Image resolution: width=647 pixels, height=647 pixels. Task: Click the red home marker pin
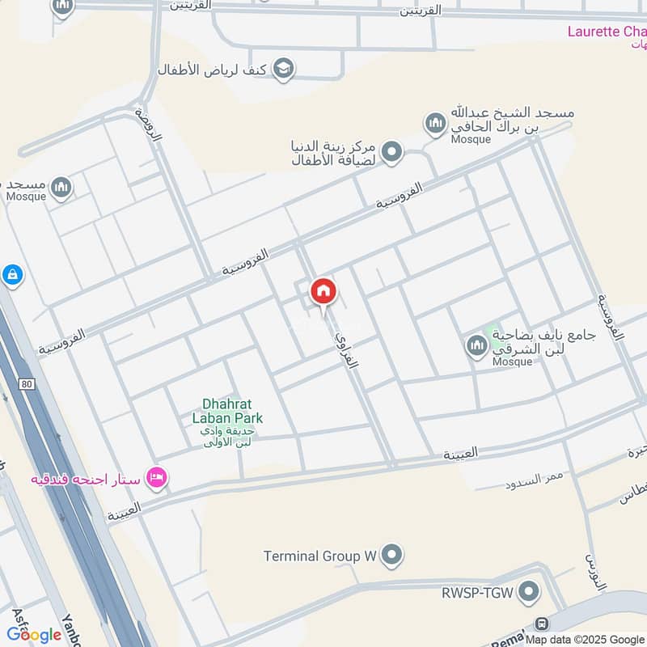pyautogui.click(x=323, y=292)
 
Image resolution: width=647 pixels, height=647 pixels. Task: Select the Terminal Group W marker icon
pyautogui.click(x=392, y=556)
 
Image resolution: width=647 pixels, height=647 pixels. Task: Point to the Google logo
pyautogui.click(x=34, y=635)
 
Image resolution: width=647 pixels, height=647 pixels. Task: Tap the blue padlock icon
pyautogui.click(x=12, y=276)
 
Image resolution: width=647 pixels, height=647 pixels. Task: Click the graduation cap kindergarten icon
pyautogui.click(x=283, y=67)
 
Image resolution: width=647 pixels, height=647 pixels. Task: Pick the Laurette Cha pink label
pyautogui.click(x=606, y=32)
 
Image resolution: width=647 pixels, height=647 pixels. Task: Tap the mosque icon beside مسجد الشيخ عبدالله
pyautogui.click(x=435, y=124)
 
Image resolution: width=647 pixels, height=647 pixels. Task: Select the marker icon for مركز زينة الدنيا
pyautogui.click(x=392, y=152)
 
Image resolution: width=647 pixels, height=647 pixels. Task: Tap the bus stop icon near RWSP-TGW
pyautogui.click(x=542, y=624)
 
